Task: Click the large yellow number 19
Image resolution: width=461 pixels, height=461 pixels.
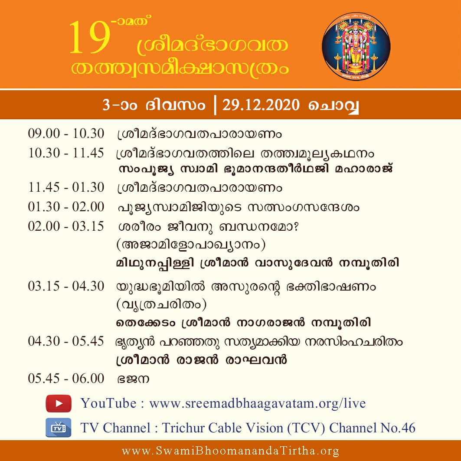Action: click(90, 38)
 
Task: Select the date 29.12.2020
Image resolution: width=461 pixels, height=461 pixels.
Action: click(261, 105)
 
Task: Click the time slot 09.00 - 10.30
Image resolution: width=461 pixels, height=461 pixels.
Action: click(66, 134)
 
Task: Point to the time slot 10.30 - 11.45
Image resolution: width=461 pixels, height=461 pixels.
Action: click(66, 153)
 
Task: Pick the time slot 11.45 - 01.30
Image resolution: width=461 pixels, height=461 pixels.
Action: click(66, 187)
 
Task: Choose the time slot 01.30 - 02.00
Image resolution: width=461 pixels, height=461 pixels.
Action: click(66, 207)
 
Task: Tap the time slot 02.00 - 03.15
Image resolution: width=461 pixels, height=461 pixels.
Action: click(66, 226)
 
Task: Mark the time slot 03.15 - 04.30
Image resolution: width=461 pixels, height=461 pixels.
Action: click(66, 286)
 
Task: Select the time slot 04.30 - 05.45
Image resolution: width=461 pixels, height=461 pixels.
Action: click(66, 341)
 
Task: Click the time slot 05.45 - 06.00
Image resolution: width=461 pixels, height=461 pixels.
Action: click(66, 379)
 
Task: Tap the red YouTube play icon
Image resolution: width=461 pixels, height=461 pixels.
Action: click(59, 403)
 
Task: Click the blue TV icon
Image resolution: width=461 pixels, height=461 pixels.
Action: click(59, 428)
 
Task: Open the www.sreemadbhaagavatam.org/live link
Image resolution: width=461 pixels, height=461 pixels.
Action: click(258, 403)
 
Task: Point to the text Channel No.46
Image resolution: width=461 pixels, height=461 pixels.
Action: click(372, 428)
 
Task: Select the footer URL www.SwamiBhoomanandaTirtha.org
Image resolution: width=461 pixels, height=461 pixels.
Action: click(231, 451)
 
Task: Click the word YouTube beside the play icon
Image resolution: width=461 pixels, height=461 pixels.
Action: click(108, 403)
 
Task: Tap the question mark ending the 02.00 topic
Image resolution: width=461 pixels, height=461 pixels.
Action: click(295, 227)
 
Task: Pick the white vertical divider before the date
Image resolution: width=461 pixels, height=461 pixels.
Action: click(216, 105)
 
